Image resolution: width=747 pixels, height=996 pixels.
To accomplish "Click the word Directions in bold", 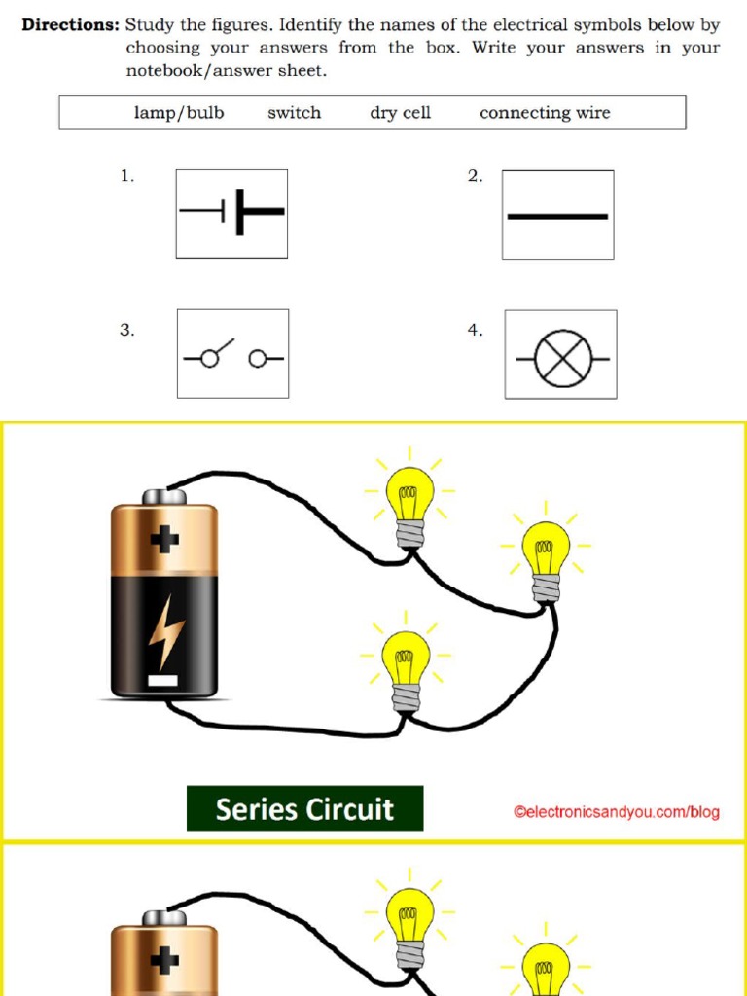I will click(71, 24).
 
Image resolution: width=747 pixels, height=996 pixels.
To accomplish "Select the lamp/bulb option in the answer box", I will click(179, 113).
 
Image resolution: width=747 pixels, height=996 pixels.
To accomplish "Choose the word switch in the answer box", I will click(294, 113).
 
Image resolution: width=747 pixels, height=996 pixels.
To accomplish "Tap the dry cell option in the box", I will click(400, 113).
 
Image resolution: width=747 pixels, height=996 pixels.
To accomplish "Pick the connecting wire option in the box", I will click(545, 113).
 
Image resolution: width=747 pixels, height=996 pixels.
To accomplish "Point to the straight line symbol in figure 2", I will click(557, 216).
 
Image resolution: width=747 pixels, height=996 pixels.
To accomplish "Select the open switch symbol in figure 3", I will click(232, 357).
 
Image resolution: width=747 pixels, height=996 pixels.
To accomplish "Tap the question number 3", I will click(126, 331).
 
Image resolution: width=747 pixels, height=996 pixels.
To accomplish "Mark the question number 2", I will click(475, 176).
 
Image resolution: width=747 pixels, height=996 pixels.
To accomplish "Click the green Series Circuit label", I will click(304, 809).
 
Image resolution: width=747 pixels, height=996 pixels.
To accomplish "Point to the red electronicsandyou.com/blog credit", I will click(617, 811).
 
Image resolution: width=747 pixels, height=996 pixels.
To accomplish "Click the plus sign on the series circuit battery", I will click(164, 538).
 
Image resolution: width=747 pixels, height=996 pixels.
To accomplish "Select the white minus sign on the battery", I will click(164, 680).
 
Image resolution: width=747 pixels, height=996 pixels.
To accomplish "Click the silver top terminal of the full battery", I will click(163, 497).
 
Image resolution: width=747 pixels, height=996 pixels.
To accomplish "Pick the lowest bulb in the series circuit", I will click(406, 668).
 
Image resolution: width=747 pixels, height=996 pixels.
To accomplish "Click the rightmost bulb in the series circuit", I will click(546, 558).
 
